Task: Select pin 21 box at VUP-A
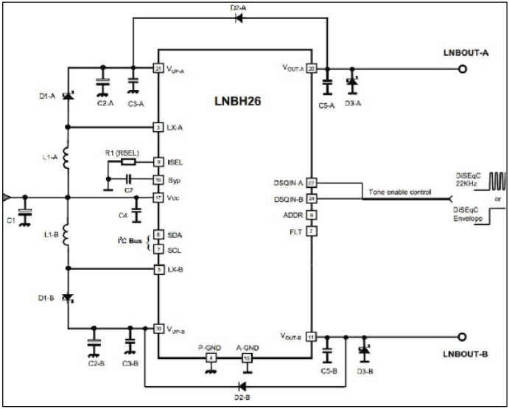coord(158,69)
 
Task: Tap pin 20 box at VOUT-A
coord(312,69)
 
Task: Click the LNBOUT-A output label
coord(466,55)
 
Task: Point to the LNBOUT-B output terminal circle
coord(462,337)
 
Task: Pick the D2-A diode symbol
coord(238,18)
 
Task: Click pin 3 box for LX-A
coord(158,127)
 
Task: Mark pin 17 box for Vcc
coord(158,197)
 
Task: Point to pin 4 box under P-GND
coord(211,358)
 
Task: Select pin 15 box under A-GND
coord(247,358)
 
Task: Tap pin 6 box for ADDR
coord(312,215)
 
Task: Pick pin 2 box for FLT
coord(312,232)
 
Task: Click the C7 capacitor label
coord(128,190)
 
